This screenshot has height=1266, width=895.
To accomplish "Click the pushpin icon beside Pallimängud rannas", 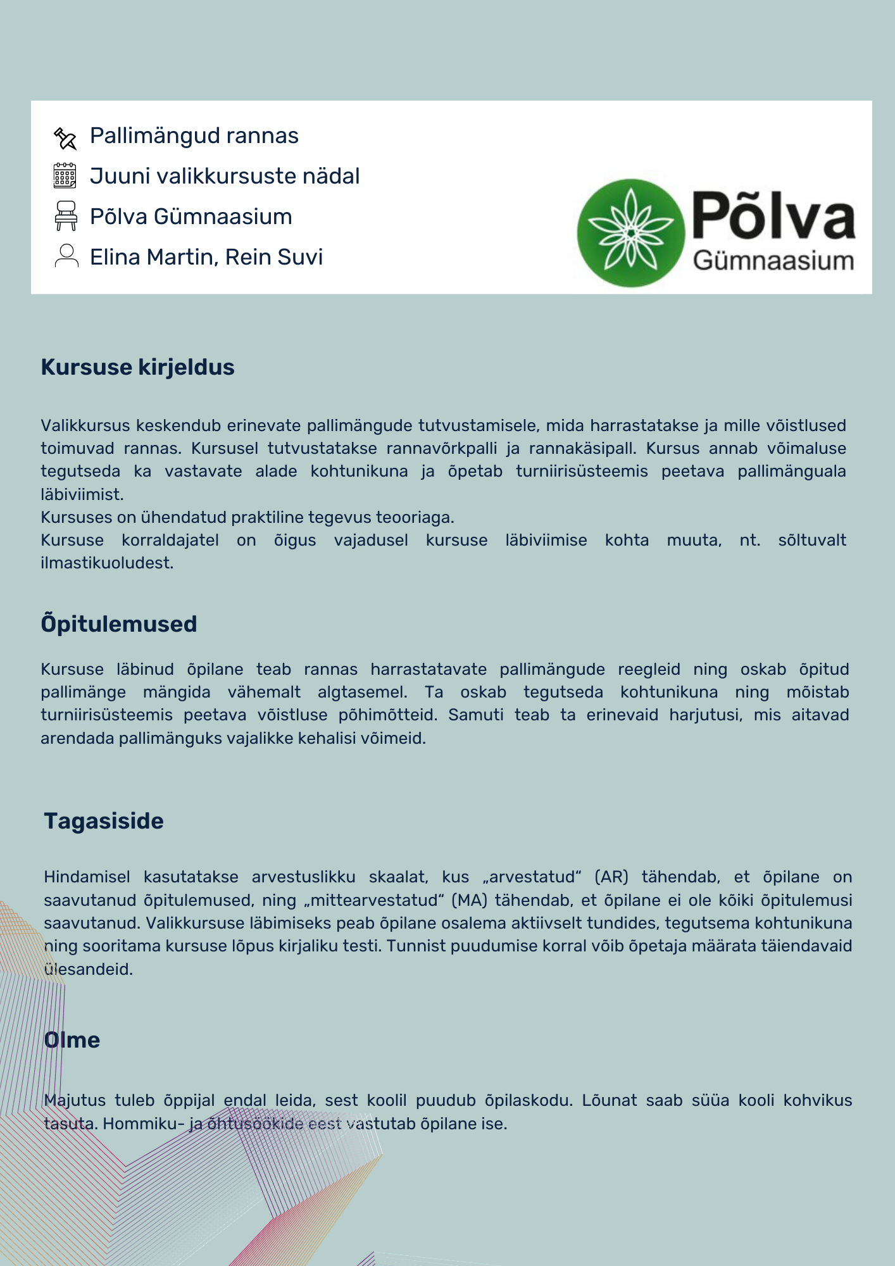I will coord(65,137).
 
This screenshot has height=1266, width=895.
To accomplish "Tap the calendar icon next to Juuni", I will coord(65,176).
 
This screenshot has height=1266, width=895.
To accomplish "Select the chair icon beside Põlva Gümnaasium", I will coord(66,216).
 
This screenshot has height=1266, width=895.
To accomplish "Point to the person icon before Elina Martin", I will coord(66,256).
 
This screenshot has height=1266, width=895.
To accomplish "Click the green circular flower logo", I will coord(630,233).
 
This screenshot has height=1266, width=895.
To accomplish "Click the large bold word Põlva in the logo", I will coord(773,216).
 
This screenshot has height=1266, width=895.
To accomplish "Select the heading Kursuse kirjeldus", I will coord(137,367).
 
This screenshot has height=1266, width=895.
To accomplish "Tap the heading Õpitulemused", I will coord(118,624).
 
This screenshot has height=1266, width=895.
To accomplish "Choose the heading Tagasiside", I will coord(104,821).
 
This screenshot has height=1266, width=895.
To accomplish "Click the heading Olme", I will coord(72,1040).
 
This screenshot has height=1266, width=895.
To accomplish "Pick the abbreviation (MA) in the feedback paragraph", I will coord(469,900).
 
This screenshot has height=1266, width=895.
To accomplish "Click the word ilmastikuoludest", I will coord(106,563).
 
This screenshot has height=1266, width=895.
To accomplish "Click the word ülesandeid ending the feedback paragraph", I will coord(88,969).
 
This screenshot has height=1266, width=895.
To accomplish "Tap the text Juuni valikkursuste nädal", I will coord(225,176).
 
